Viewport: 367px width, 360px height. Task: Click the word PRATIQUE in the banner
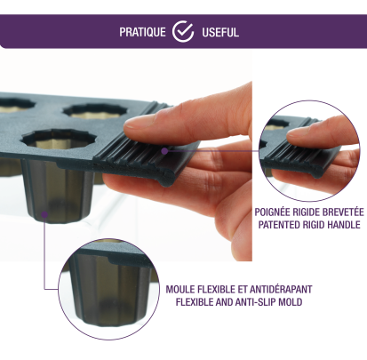point(142,32)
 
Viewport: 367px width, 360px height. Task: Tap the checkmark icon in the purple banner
point(183,31)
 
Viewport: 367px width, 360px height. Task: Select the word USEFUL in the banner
point(220,32)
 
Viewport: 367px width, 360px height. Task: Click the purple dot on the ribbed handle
point(164,151)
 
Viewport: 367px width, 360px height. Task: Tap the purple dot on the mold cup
point(44,214)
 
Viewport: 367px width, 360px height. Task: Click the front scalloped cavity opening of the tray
point(60,140)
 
